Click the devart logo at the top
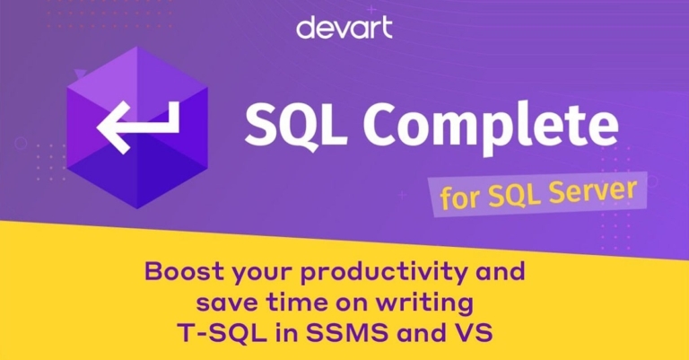click(x=344, y=28)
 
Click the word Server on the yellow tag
click(x=593, y=191)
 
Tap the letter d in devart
click(x=304, y=27)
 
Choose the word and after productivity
click(x=497, y=270)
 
